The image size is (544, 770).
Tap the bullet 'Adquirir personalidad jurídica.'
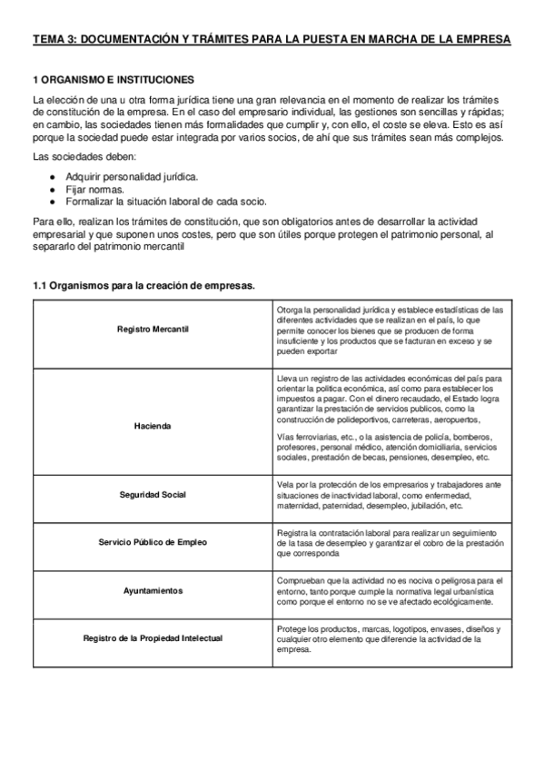point(131,176)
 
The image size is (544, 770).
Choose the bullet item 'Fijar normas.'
point(95,189)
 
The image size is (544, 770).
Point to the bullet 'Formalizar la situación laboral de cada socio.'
point(165,201)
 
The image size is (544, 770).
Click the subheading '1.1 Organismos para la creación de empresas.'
point(143,286)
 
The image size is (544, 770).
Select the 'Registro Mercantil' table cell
point(153,329)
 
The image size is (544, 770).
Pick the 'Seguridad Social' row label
point(153,495)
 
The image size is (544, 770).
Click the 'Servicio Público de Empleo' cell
point(153,542)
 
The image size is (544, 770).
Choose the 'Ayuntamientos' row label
point(153,590)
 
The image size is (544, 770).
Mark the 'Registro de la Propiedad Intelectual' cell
point(153,638)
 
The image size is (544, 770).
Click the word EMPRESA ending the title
point(483,40)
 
